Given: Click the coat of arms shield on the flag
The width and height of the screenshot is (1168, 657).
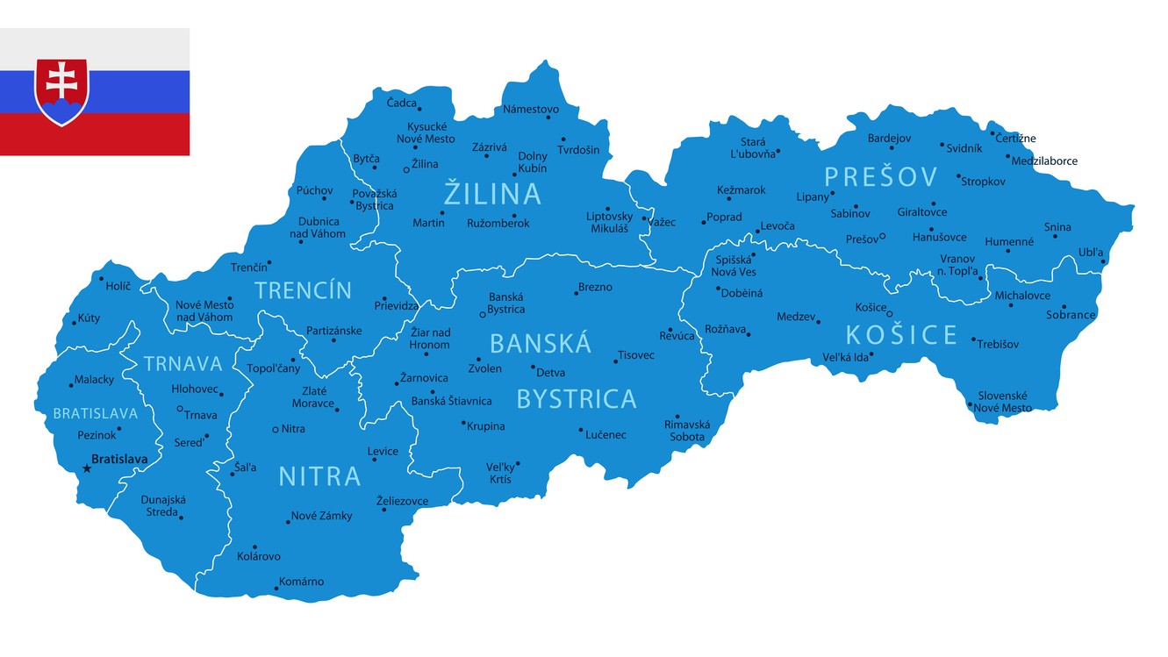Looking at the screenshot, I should click(x=61, y=91).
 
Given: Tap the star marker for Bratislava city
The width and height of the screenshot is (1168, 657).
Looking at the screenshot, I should click(x=87, y=468).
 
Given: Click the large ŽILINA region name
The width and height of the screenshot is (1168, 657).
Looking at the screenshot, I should click(x=492, y=193).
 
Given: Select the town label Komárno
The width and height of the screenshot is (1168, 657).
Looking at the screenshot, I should click(x=301, y=582).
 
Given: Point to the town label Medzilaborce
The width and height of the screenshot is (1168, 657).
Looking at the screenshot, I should click(x=1044, y=161).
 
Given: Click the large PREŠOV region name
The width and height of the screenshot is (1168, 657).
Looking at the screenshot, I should click(x=881, y=177).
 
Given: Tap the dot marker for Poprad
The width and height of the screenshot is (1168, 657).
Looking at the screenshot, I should click(x=704, y=222).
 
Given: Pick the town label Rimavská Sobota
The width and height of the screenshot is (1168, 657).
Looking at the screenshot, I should click(x=686, y=431).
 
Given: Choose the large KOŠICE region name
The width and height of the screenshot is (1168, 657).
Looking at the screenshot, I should click(x=901, y=334).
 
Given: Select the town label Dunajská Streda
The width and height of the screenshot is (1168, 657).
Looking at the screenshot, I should click(x=163, y=505).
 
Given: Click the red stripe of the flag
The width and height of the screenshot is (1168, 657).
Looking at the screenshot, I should click(x=95, y=134).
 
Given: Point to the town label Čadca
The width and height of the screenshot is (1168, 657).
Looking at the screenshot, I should click(x=402, y=103).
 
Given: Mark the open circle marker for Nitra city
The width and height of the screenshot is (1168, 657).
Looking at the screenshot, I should click(x=276, y=429).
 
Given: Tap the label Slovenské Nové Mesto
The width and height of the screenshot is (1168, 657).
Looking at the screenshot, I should click(x=1003, y=402).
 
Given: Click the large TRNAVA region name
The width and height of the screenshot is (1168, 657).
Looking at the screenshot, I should click(x=183, y=364).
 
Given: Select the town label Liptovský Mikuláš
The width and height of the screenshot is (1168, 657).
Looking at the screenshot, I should click(x=609, y=222).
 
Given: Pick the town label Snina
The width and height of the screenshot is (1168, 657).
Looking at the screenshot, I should click(x=1057, y=226).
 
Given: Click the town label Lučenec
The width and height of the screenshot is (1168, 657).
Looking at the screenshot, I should click(x=606, y=435).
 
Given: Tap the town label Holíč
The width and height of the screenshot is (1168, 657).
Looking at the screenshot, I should click(x=118, y=286).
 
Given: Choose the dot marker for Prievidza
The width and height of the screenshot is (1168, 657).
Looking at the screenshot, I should click(x=383, y=298).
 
